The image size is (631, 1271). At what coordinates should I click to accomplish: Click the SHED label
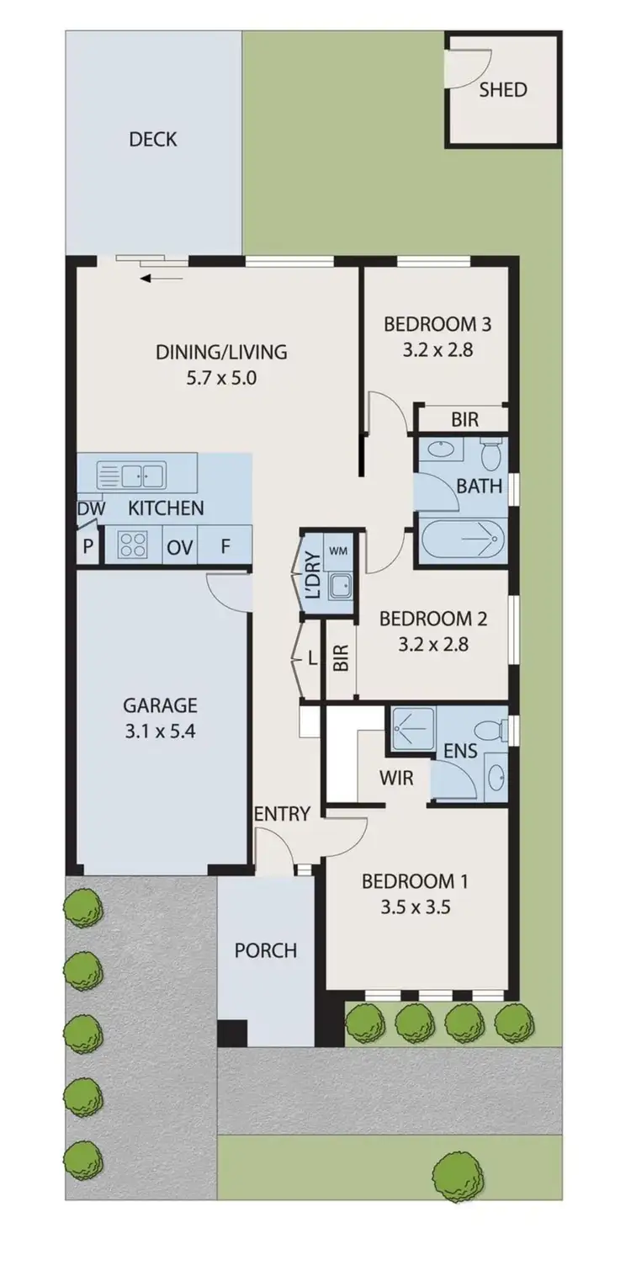pyautogui.click(x=503, y=90)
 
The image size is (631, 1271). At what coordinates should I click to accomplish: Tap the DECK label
pyautogui.click(x=153, y=140)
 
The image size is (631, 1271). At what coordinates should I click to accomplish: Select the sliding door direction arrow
pyautogui.click(x=162, y=278)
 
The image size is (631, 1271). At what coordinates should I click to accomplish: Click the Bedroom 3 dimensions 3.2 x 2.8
pyautogui.click(x=437, y=349)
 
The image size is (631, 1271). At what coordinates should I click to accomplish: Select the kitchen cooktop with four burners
pyautogui.click(x=132, y=545)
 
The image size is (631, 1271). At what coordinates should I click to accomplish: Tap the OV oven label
pyautogui.click(x=180, y=547)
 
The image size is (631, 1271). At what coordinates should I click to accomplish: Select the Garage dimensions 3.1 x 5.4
pyautogui.click(x=160, y=731)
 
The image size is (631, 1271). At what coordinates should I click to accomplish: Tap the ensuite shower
pyautogui.click(x=411, y=729)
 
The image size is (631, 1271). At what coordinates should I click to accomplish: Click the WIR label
pyautogui.click(x=396, y=778)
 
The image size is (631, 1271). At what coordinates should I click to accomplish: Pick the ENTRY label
pyautogui.click(x=282, y=814)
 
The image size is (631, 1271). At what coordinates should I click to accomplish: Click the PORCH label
pyautogui.click(x=265, y=950)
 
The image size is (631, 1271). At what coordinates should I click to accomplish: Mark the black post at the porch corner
pyautogui.click(x=231, y=1034)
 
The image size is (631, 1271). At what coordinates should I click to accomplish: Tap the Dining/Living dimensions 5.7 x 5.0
pyautogui.click(x=221, y=378)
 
